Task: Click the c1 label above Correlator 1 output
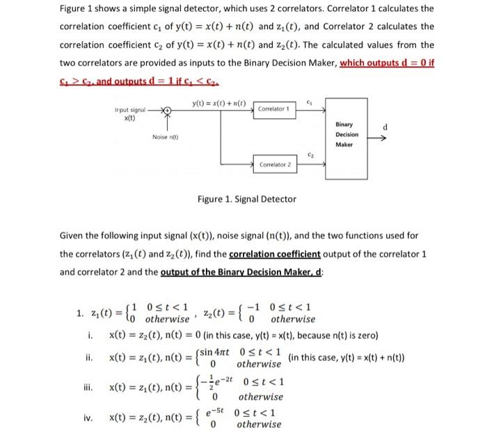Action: pyautogui.click(x=310, y=100)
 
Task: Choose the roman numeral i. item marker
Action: pyautogui.click(x=91, y=336)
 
